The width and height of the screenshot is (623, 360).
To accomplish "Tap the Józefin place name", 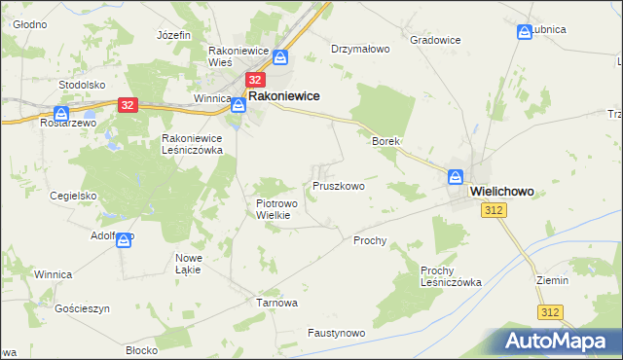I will pos(172,35).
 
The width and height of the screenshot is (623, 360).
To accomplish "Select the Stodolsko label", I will pos(82,85).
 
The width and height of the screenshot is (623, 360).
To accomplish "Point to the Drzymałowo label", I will pos(360,48).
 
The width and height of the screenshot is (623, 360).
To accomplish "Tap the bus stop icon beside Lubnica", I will pos(526,31).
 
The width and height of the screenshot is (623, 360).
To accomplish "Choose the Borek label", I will pos(386,141).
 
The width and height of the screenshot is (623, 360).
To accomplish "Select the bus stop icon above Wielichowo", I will pos(455,178).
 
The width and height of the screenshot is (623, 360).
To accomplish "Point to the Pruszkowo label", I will pos(339,186).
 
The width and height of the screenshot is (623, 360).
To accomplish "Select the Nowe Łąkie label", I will pos(188,263).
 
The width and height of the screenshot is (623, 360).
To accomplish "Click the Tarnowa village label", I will pos(276,303).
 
